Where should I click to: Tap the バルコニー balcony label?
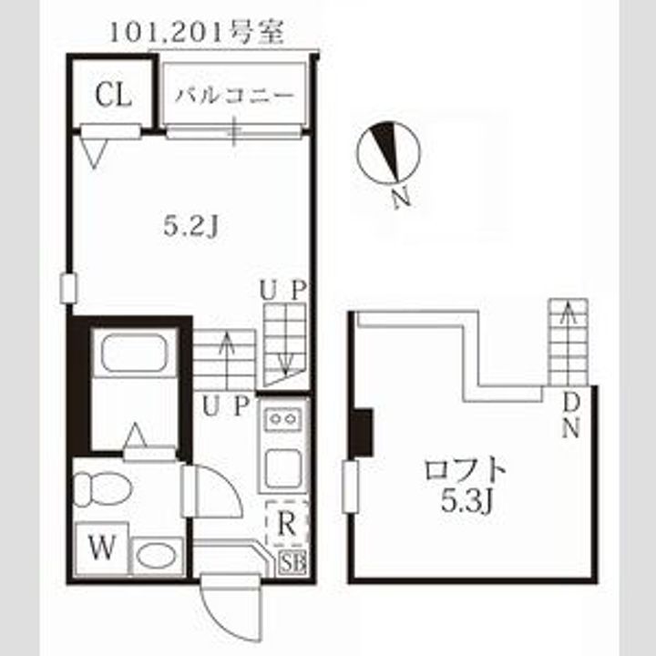pyautogui.click(x=235, y=96)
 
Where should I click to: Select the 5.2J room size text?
pyautogui.click(x=190, y=227)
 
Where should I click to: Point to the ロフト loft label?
pyautogui.click(x=466, y=470)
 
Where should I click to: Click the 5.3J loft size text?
pyautogui.click(x=467, y=500)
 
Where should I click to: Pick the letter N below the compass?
pyautogui.click(x=402, y=198)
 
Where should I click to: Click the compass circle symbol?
pyautogui.click(x=388, y=153)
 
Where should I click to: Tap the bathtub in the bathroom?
pyautogui.click(x=134, y=353)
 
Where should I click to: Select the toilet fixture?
pyautogui.click(x=102, y=488)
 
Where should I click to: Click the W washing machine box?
pyautogui.click(x=102, y=548)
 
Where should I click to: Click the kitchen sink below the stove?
pyautogui.click(x=283, y=468)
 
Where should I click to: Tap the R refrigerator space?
pyautogui.click(x=287, y=523)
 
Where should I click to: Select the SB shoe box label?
pyautogui.click(x=293, y=563)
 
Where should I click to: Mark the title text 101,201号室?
pyautogui.click(x=197, y=33)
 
